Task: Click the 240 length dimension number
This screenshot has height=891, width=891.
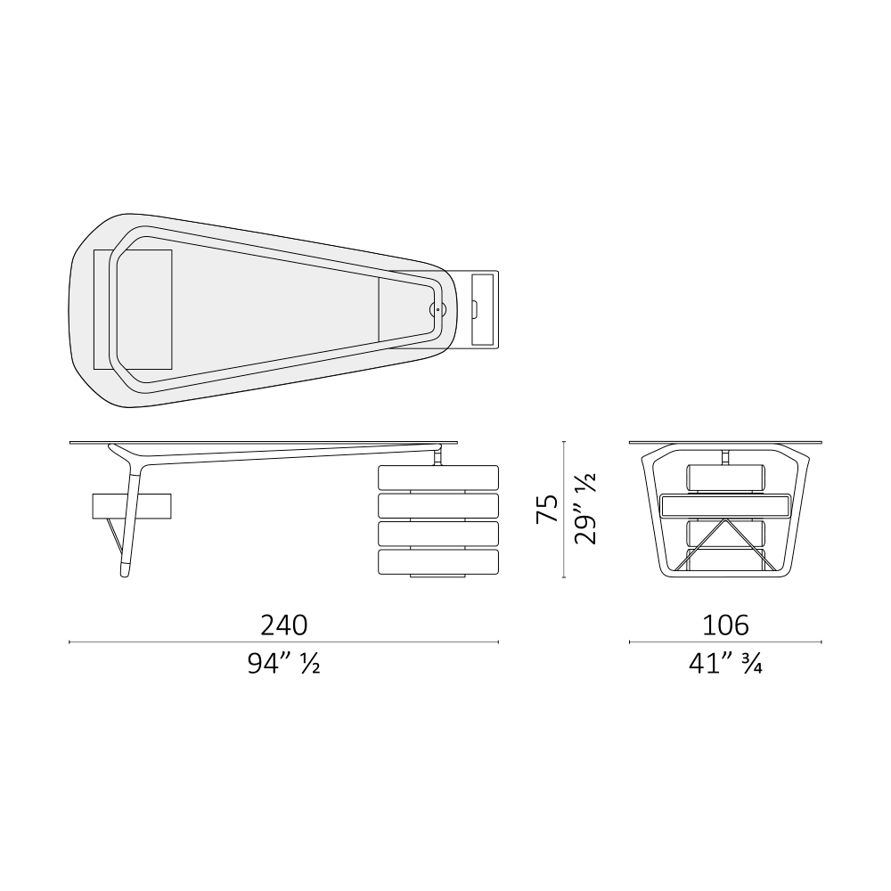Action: point(284,625)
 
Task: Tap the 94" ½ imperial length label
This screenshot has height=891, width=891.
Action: point(283,663)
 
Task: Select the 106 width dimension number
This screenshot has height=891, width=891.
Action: point(725,625)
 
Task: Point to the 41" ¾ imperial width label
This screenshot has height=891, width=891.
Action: point(725,663)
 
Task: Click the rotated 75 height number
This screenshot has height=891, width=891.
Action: point(547,509)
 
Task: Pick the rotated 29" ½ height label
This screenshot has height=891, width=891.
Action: point(585,509)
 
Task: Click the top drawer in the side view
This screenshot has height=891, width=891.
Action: point(438,478)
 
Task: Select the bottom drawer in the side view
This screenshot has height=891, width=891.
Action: point(438,561)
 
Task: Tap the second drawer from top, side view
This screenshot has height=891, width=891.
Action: point(438,505)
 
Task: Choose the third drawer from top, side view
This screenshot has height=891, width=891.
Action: point(438,533)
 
